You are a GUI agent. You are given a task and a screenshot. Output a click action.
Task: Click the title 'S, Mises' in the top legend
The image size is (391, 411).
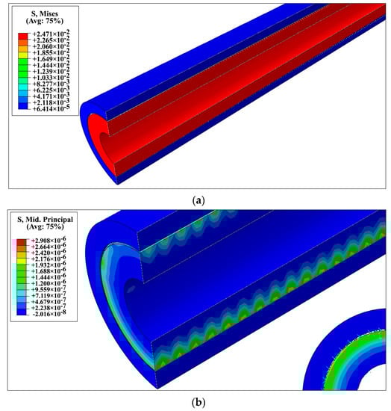pyautogui.click(x=45, y=13)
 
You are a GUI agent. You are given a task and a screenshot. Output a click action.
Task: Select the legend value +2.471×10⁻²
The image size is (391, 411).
pyautogui.click(x=51, y=34)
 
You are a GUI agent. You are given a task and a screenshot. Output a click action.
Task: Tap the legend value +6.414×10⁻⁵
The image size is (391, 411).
pyautogui.click(x=51, y=108)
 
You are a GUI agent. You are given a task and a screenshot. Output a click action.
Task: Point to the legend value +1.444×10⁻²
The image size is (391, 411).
pyautogui.click(x=51, y=65)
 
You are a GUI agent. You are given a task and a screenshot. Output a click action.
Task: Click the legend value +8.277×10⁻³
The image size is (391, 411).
pyautogui.click(x=51, y=84)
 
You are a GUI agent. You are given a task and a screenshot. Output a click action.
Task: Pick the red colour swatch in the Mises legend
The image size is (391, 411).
pyautogui.click(x=23, y=36)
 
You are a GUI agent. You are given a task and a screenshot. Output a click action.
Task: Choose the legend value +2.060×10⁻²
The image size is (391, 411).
pyautogui.click(x=51, y=46)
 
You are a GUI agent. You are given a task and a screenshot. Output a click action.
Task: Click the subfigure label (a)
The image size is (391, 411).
pyautogui.click(x=198, y=201)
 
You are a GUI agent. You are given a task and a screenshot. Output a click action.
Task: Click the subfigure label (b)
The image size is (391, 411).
pyautogui.click(x=198, y=402)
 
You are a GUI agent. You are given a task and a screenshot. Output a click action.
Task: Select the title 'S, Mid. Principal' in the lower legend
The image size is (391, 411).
pyautogui.click(x=45, y=220)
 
